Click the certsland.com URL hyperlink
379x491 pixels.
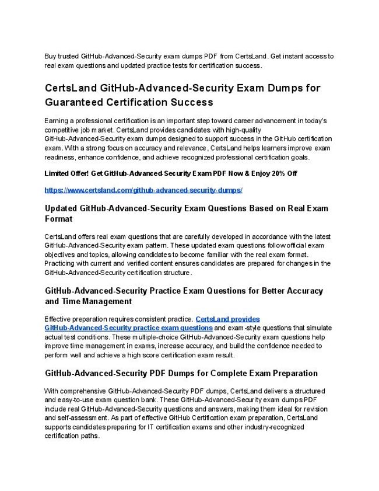[143, 190]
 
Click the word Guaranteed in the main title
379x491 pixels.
[73, 102]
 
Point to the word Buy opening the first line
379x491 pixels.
[51, 57]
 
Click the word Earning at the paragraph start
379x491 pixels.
[58, 120]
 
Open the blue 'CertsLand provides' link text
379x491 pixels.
[227, 319]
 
